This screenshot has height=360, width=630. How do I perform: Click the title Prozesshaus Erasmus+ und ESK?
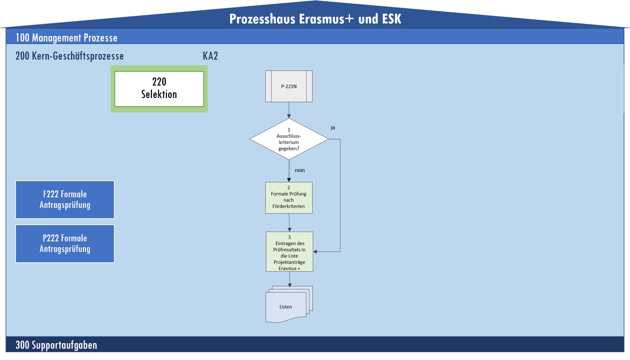315,19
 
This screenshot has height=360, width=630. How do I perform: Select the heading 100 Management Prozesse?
66,38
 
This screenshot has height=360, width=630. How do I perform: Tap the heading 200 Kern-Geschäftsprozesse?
70,56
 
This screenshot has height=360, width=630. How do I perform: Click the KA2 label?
210,56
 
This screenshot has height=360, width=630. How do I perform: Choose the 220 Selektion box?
159,89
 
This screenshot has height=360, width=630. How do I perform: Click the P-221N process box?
289,86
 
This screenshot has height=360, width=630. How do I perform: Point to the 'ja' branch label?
333,128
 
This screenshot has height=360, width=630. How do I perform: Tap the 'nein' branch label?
300,170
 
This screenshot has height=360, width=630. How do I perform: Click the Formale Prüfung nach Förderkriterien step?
289,198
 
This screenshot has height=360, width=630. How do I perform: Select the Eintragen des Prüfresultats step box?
289,252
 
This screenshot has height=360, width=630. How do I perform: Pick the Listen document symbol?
286,307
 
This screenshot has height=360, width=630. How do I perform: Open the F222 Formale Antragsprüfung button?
65,200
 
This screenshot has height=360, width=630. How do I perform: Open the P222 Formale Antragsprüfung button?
65,244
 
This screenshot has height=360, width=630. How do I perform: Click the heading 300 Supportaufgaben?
56,345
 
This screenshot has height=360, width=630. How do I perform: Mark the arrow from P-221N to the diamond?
289,110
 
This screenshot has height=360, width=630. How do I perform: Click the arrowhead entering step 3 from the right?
315,252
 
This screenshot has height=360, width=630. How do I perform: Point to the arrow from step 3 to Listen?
290,279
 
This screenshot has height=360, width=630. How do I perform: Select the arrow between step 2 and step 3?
289,223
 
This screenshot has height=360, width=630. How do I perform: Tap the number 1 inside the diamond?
289,130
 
